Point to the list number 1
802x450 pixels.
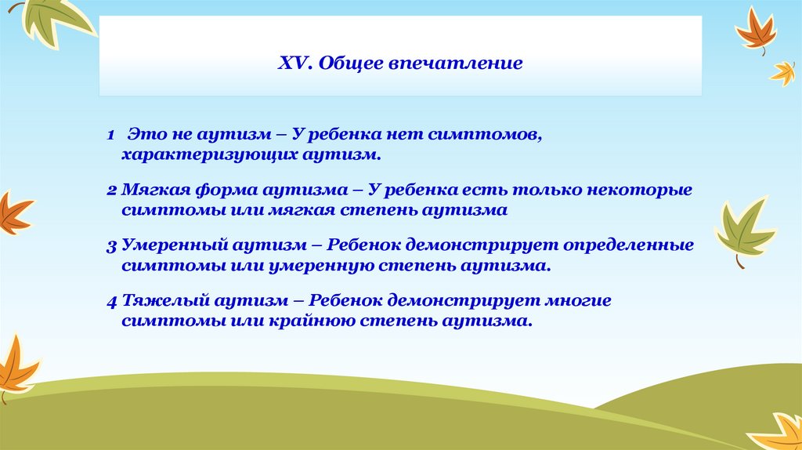110,135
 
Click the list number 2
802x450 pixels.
111,191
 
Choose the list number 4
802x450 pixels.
112,302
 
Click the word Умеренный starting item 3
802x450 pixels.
175,245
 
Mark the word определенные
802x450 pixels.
629,245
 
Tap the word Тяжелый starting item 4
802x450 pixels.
164,301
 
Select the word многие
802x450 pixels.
578,301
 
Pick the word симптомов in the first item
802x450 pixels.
485,136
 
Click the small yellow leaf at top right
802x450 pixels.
783,74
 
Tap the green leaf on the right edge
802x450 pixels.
745,230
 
